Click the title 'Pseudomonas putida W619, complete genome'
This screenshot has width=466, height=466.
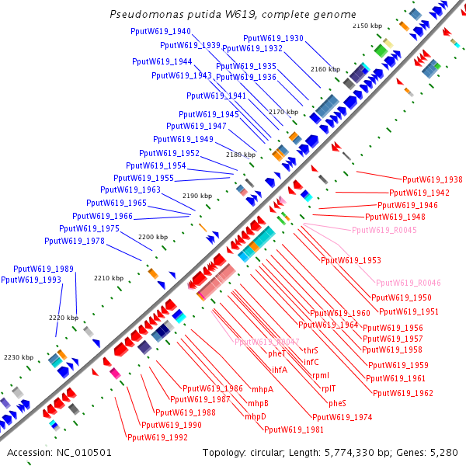point(233,15)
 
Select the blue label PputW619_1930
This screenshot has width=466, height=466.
point(273,38)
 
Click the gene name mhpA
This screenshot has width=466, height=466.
point(262,389)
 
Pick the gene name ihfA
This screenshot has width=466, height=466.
point(279,369)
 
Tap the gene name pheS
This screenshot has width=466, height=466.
point(337,403)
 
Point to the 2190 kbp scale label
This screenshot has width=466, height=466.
point(197,196)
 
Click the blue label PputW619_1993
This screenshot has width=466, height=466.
point(31,280)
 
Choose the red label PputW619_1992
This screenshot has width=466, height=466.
point(158,437)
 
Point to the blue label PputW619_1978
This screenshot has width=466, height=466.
point(75,241)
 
